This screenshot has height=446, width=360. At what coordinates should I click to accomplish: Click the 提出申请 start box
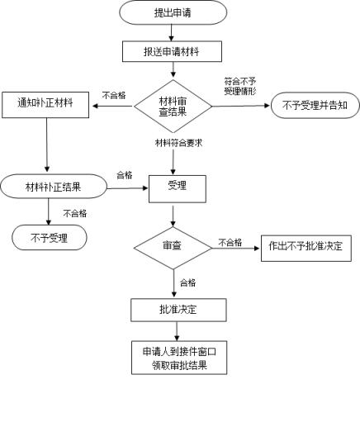click(x=173, y=12)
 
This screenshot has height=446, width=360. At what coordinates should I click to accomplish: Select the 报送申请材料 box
click(x=172, y=51)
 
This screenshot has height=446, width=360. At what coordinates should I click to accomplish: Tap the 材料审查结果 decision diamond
click(x=173, y=106)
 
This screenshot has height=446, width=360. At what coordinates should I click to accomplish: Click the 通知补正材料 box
click(x=45, y=105)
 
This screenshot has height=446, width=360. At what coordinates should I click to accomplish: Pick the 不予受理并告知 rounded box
click(x=315, y=105)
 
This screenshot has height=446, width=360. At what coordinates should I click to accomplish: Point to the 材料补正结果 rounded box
click(x=54, y=187)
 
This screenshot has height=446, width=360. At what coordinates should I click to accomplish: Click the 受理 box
click(x=178, y=189)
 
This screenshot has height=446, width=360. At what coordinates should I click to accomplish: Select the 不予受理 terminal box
click(x=50, y=238)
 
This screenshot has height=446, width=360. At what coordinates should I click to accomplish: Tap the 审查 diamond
click(x=173, y=248)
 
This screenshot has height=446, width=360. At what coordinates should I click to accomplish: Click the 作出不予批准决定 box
click(x=306, y=248)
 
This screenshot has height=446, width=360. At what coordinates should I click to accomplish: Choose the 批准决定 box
click(x=178, y=310)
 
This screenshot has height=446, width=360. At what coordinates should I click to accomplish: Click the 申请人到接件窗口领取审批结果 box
click(x=179, y=358)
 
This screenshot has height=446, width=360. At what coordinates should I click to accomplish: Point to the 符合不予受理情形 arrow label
click(x=240, y=86)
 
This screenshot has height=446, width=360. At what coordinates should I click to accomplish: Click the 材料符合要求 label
click(x=179, y=143)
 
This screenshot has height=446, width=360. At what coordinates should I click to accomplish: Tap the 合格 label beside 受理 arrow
click(x=125, y=175)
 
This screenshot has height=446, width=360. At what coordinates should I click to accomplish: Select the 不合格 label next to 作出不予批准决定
click(x=230, y=242)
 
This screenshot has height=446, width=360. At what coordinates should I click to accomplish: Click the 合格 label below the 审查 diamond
click(x=188, y=282)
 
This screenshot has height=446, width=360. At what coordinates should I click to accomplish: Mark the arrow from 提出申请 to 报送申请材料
click(x=171, y=33)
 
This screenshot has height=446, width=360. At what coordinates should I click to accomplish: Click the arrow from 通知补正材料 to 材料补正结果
click(x=47, y=145)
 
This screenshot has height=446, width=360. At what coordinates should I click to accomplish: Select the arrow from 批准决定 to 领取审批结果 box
click(x=177, y=331)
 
